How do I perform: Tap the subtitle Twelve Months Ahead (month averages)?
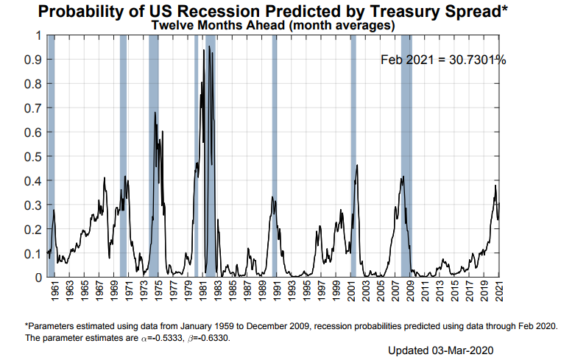click(x=273, y=24)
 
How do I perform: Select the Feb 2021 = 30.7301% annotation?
click(x=443, y=60)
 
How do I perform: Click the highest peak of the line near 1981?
click(x=209, y=46)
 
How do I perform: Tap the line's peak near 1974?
click(x=155, y=112)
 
